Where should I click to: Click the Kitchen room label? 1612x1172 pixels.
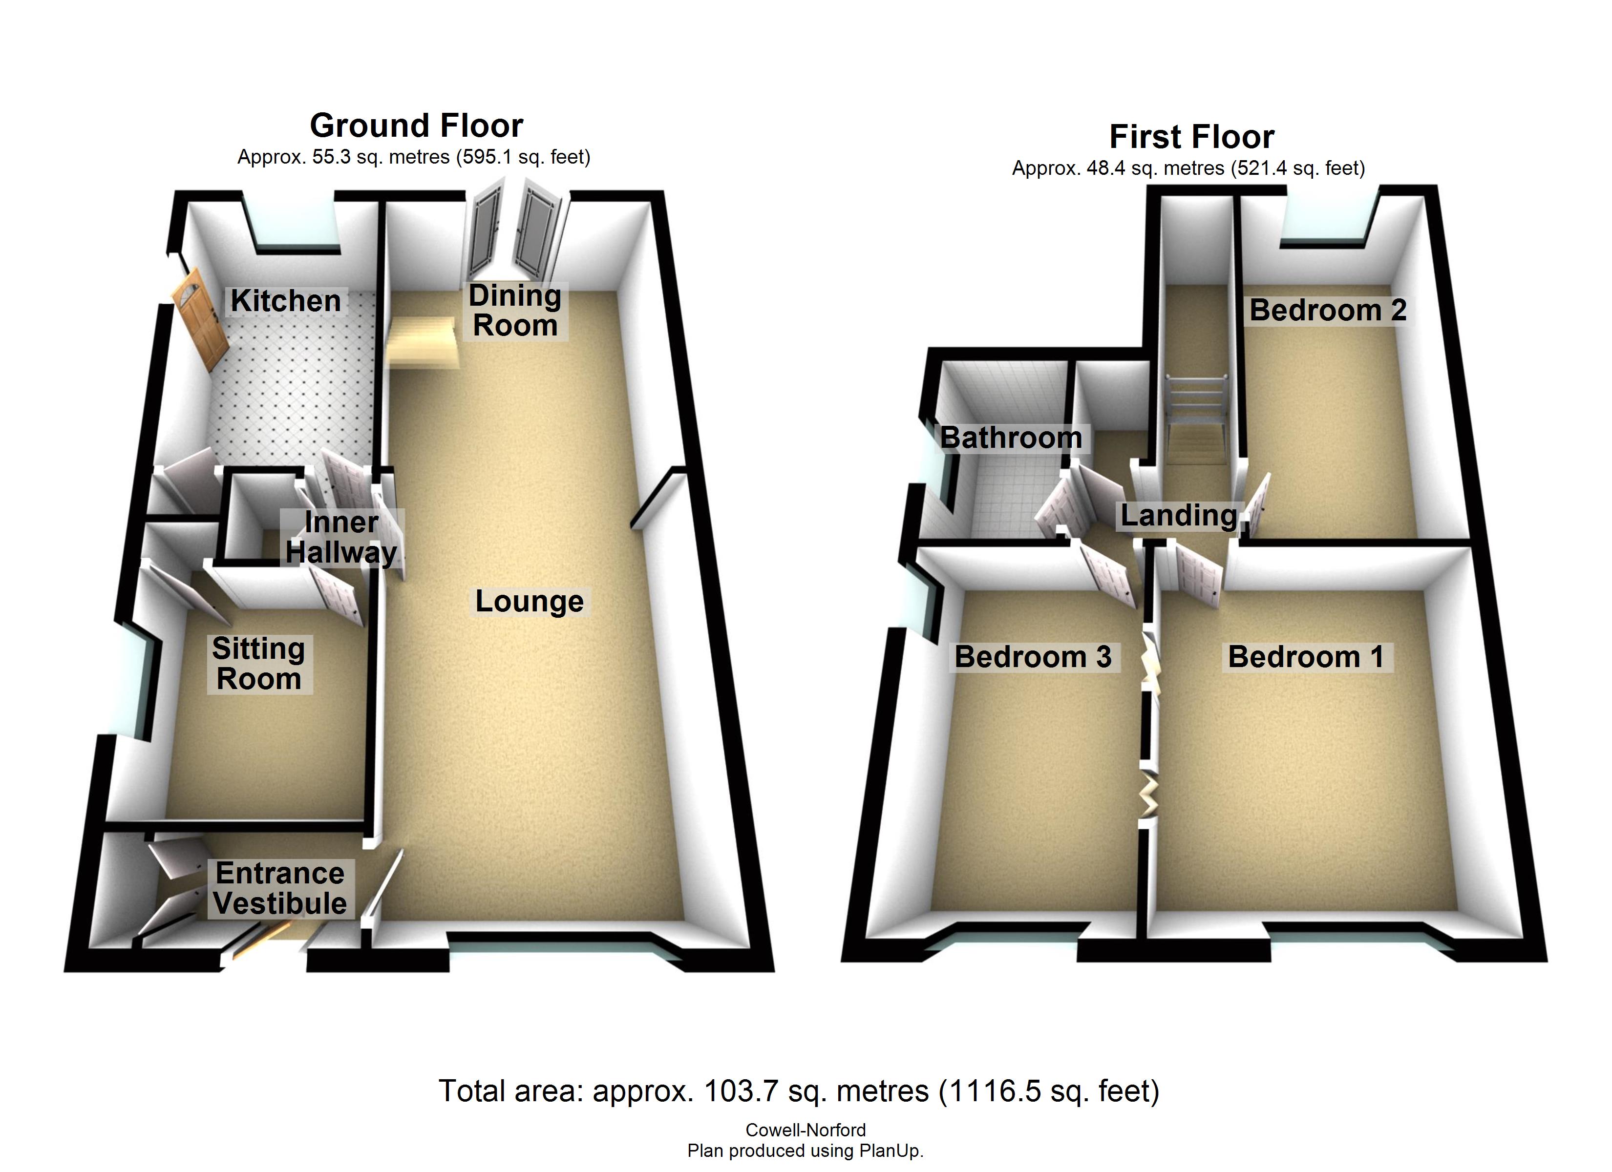coord(286,301)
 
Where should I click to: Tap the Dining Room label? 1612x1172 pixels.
coord(514,311)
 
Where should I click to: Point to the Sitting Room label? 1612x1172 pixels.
coord(259,664)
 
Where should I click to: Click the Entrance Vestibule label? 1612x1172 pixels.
coord(280,888)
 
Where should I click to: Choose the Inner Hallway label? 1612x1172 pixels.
coord(341,537)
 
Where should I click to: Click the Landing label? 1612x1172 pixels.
coord(1178,515)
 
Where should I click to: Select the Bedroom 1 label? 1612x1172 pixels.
coord(1306,657)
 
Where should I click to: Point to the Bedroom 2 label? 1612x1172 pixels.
coord(1328,310)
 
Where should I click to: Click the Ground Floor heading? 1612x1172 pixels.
coord(417,126)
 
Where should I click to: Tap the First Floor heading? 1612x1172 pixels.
coord(1192,136)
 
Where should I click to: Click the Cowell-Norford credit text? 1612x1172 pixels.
coord(806,1130)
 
